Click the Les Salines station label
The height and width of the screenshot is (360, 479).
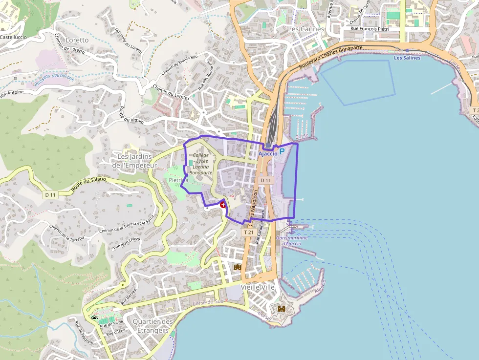[407, 58]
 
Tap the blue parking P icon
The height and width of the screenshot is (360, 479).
[282, 152]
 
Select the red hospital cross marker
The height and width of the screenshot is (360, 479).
[223, 205]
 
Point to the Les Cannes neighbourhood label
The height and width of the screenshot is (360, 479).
[306, 29]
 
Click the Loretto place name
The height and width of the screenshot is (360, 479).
[77, 40]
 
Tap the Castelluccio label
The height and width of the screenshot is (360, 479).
[13, 37]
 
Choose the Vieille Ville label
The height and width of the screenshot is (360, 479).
[258, 287]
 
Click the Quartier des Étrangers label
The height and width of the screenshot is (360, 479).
[153, 326]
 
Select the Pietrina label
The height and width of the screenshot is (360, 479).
[178, 180]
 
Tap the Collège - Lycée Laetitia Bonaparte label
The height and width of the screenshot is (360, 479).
[201, 164]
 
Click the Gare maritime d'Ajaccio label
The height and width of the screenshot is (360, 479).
[292, 240]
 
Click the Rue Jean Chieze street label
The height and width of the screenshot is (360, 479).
[127, 242]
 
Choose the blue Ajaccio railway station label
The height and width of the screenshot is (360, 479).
[268, 153]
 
